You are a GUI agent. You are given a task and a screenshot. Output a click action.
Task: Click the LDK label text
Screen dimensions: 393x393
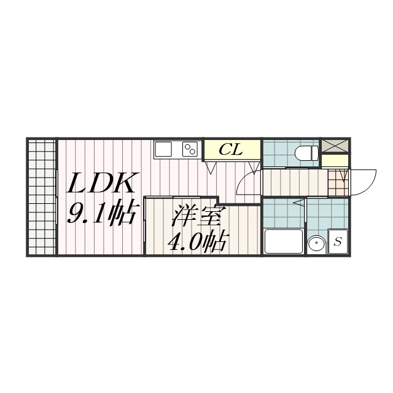[x=100, y=183]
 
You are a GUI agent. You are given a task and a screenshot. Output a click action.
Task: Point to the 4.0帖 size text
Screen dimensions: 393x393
[x=197, y=241]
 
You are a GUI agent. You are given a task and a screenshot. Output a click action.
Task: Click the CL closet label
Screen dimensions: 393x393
[x=231, y=150]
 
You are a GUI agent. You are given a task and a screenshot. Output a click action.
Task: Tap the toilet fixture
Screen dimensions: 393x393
[x=306, y=153]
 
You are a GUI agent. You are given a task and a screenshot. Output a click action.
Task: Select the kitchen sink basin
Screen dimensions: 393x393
[x=163, y=149]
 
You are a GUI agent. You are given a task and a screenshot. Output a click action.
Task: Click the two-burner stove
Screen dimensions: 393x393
[x=190, y=149]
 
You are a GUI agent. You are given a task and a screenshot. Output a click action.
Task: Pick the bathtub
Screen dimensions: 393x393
[x=284, y=241]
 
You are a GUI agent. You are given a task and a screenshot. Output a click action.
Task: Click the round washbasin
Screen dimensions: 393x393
[x=317, y=243]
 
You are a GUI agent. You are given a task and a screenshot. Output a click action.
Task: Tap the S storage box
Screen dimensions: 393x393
[x=338, y=241]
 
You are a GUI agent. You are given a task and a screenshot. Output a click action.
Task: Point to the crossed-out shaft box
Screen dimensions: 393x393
[x=335, y=146]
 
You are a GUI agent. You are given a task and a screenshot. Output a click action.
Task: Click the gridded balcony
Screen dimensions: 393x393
[x=42, y=196]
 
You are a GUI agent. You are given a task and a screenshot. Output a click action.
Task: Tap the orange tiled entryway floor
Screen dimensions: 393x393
[x=338, y=183]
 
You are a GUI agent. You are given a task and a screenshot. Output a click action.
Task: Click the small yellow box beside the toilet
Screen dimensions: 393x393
[x=335, y=161]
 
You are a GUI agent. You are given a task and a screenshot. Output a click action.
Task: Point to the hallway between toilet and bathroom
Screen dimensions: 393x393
[x=295, y=182]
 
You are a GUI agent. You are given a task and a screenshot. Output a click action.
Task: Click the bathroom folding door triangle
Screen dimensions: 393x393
[x=300, y=202]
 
